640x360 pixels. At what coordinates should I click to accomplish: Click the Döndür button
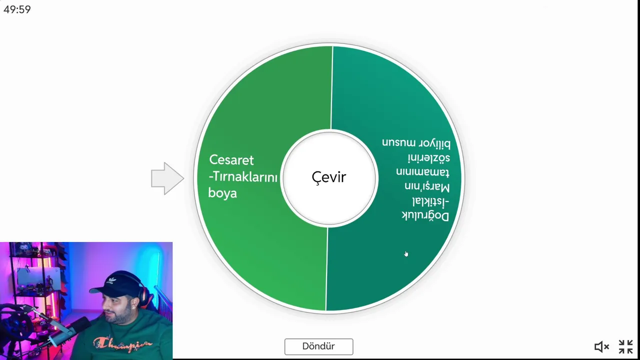(318, 346)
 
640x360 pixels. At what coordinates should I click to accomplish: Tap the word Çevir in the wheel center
(329, 177)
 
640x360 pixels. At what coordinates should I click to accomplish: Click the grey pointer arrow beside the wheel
(167, 178)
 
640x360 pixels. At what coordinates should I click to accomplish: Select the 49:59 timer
(17, 9)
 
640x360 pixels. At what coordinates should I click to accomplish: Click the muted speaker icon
(601, 347)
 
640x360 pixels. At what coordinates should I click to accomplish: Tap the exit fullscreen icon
(625, 347)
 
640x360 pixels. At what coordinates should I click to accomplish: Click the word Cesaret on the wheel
(231, 160)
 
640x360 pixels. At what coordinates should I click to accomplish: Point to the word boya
(222, 193)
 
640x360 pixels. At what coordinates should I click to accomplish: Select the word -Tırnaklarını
(243, 177)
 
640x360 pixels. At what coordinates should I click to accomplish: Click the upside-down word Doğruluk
(425, 216)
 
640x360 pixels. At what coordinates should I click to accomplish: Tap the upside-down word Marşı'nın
(427, 186)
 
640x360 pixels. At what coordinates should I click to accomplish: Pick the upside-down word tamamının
(423, 172)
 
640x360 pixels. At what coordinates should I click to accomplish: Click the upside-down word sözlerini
(429, 157)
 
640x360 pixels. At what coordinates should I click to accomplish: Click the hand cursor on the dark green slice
(406, 254)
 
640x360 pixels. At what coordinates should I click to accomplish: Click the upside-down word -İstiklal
(430, 201)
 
